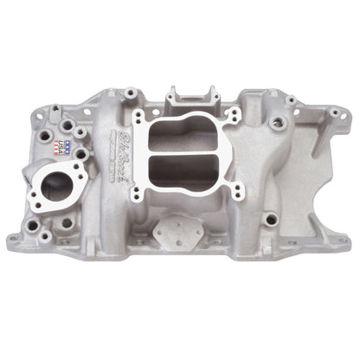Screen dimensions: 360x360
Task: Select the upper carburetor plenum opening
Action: [184, 138]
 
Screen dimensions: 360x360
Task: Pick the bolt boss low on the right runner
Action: [271, 219]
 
